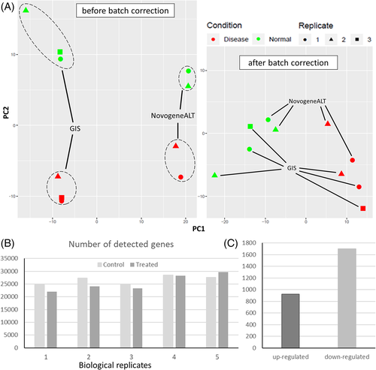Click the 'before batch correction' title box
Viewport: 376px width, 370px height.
pyautogui.click(x=126, y=11)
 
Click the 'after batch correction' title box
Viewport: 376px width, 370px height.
pyautogui.click(x=288, y=62)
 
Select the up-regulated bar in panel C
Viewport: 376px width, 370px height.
pyautogui.click(x=290, y=320)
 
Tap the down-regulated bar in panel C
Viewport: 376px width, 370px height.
pyautogui.click(x=347, y=298)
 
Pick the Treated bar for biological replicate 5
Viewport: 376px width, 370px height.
pyautogui.click(x=223, y=310)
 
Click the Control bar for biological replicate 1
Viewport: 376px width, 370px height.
pyautogui.click(x=40, y=316)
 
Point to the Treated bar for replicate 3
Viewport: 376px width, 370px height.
pyautogui.click(x=138, y=318)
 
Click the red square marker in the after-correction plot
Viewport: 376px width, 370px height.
pyautogui.click(x=362, y=209)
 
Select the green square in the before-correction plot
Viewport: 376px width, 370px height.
pyautogui.click(x=60, y=52)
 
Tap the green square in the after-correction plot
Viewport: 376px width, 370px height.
pyautogui.click(x=250, y=127)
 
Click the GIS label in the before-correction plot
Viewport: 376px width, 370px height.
pyautogui.click(x=75, y=128)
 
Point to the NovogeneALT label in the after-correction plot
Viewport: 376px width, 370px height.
pyautogui.click(x=308, y=101)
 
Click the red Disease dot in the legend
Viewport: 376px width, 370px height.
pyautogui.click(x=214, y=39)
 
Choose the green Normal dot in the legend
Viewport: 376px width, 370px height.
pyautogui.click(x=259, y=39)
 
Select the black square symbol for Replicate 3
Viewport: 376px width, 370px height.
pyautogui.click(x=357, y=39)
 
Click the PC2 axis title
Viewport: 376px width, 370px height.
pyautogui.click(x=6, y=113)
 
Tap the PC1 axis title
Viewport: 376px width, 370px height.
pyautogui.click(x=199, y=229)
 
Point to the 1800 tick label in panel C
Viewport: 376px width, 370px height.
pyautogui.click(x=249, y=242)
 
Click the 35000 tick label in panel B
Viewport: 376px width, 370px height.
pyautogui.click(x=9, y=258)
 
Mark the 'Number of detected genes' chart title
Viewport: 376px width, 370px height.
pyautogui.click(x=121, y=244)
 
